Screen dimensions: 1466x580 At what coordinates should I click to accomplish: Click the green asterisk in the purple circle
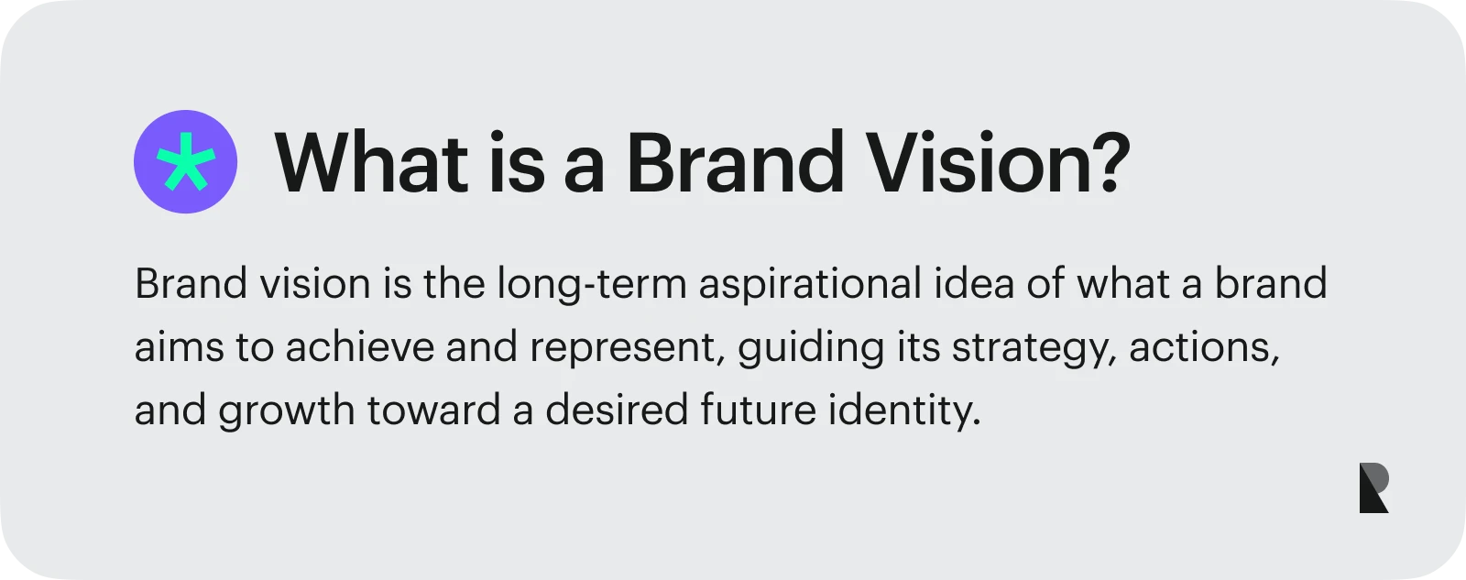click(x=186, y=161)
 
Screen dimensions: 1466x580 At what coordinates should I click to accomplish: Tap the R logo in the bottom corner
click(x=1373, y=487)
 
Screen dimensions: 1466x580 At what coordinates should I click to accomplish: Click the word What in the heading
click(x=371, y=162)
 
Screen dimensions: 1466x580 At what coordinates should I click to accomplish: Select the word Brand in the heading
click(x=735, y=162)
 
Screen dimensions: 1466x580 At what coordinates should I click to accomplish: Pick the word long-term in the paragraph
click(x=592, y=285)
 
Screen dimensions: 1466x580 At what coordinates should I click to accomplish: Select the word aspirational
click(x=810, y=285)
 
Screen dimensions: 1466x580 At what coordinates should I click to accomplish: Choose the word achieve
click(x=359, y=347)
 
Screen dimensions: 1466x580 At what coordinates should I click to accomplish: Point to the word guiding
click(x=812, y=348)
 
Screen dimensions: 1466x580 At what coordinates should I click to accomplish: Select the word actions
click(x=1204, y=348)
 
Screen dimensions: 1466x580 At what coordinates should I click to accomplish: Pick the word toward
click(x=433, y=410)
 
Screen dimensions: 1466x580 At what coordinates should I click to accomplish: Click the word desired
click(x=617, y=410)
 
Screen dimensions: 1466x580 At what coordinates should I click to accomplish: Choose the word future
click(x=759, y=410)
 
